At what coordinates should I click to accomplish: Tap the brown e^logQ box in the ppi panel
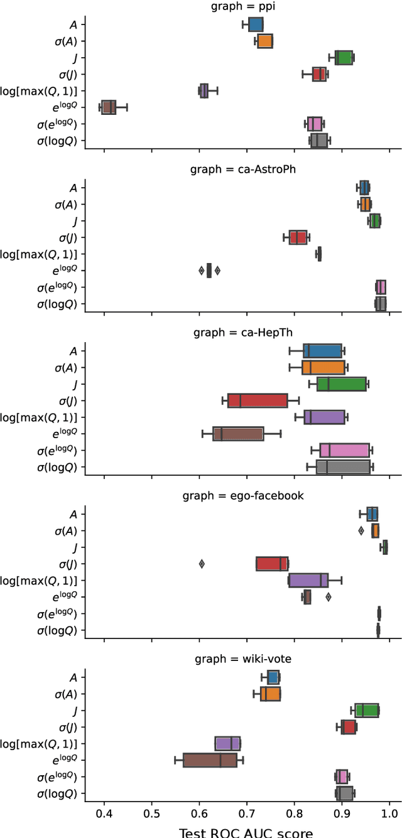pos(108,107)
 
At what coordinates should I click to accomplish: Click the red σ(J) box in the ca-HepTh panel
pos(258,400)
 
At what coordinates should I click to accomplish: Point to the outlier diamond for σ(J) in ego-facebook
pos(202,564)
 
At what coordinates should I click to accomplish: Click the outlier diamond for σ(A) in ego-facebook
pos(361,530)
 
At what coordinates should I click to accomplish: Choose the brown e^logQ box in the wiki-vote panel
pos(210,760)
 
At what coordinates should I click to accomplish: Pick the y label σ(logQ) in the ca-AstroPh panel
pos(60,304)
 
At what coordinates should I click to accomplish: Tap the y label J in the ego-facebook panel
pos(75,547)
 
